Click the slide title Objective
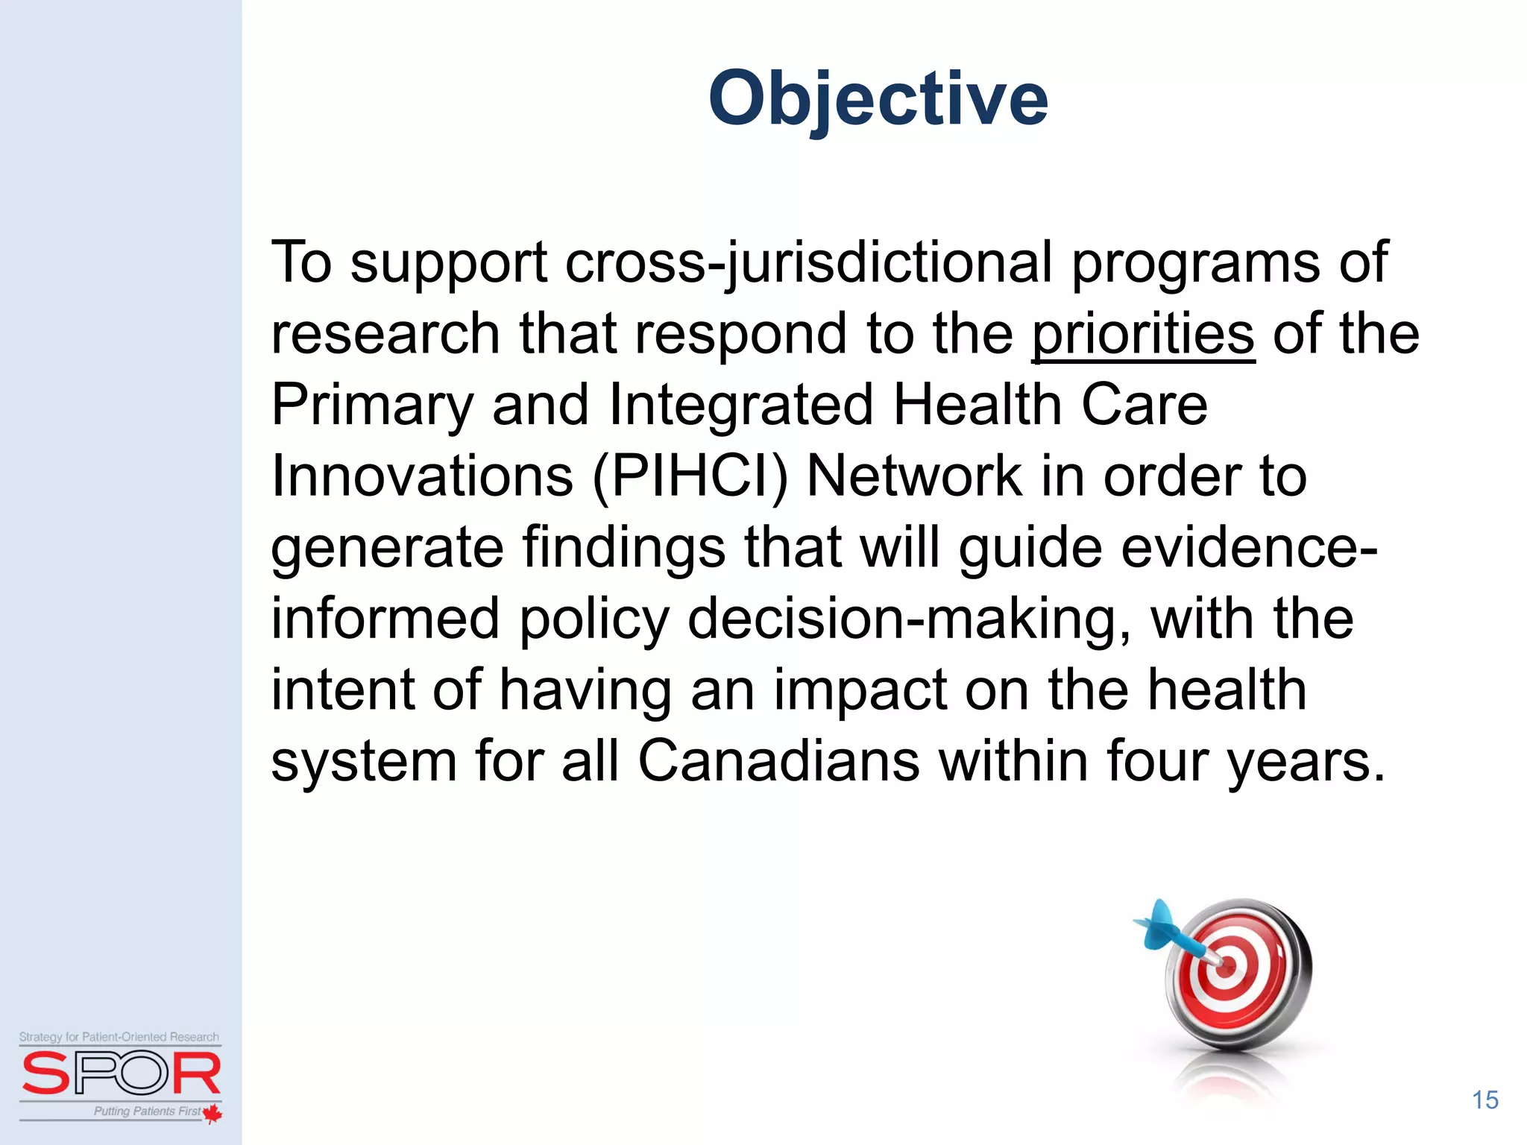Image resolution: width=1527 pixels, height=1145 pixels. click(878, 98)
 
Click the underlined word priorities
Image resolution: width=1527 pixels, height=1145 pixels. click(1143, 334)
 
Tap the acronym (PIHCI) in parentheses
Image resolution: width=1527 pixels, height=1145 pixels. click(690, 477)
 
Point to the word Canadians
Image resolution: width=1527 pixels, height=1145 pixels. click(778, 761)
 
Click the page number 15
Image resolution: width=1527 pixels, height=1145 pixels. click(1485, 1100)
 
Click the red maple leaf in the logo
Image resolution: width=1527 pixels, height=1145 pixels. click(212, 1113)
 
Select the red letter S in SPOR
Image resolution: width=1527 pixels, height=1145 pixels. click(46, 1074)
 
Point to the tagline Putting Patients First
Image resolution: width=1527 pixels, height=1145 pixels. click(147, 1111)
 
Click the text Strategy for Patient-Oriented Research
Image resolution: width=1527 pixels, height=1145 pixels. click(119, 1037)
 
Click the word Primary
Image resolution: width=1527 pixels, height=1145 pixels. click(372, 406)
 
